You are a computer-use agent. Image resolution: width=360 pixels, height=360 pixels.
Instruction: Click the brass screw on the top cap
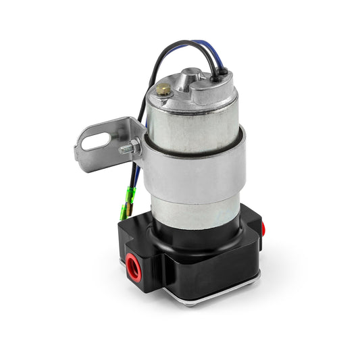pyautogui.click(x=163, y=88)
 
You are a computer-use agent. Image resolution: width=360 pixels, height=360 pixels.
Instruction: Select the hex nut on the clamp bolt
pyautogui.click(x=134, y=147)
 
